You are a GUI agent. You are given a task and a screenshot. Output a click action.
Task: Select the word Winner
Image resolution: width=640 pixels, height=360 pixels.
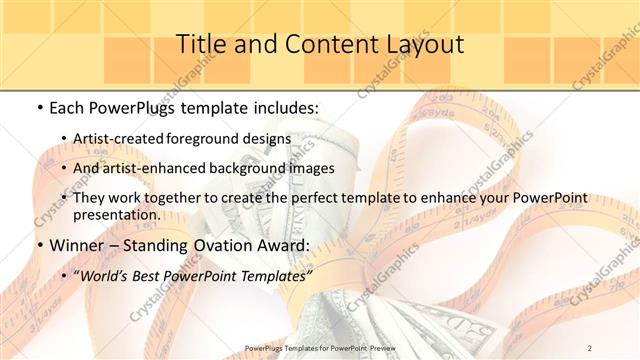tap(78, 245)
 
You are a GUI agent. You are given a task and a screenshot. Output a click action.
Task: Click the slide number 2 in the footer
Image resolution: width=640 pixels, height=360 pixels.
tap(590, 347)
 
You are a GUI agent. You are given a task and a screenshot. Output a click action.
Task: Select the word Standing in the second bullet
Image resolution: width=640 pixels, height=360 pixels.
tap(171, 245)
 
